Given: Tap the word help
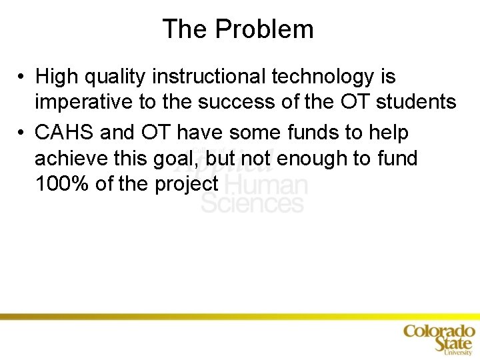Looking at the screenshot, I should pyautogui.click(x=390, y=133).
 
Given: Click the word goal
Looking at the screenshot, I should pyautogui.click(x=181, y=159).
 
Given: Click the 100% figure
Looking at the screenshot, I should pyautogui.click(x=62, y=184).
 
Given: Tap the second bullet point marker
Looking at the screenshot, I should pyautogui.click(x=22, y=133).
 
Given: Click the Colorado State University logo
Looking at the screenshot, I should pyautogui.click(x=439, y=338).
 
